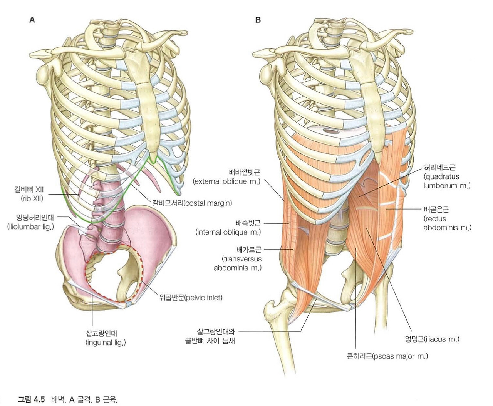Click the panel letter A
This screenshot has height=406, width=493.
pyautogui.click(x=32, y=20)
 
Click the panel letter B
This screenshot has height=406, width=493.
pyautogui.click(x=258, y=20)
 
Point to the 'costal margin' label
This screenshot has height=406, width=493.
pyautogui.click(x=192, y=203)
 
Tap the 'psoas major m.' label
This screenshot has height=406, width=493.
pyautogui.click(x=387, y=356)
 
